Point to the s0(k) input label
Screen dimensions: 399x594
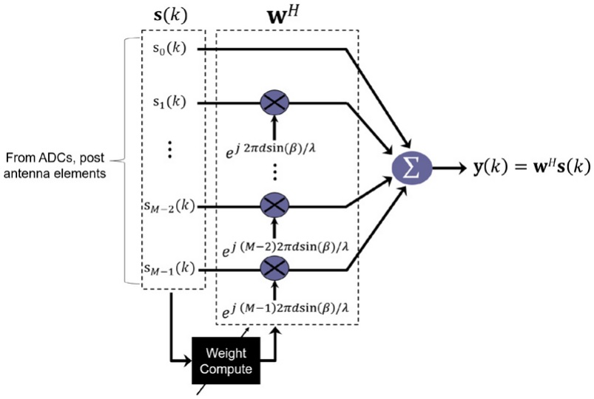(x=171, y=49)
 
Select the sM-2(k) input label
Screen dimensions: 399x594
(x=169, y=206)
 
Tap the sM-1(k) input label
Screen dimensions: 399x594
(x=169, y=269)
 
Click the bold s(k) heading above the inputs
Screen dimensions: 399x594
(x=171, y=16)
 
